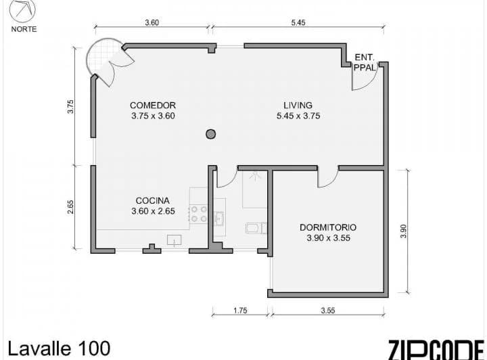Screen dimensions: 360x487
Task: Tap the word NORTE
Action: click(x=24, y=29)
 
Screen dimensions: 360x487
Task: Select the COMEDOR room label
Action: click(x=153, y=106)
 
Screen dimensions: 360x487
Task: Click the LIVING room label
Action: click(x=298, y=106)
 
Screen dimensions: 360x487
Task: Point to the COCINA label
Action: click(x=152, y=201)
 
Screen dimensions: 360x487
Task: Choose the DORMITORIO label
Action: click(x=328, y=228)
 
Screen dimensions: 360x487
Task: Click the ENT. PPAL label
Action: click(x=364, y=63)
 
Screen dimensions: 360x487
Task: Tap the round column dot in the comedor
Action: click(x=211, y=134)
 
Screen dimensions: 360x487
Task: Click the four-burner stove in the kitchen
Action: click(x=199, y=214)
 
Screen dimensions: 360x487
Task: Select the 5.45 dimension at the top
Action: click(x=298, y=22)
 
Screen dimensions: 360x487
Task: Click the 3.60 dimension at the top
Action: click(x=152, y=22)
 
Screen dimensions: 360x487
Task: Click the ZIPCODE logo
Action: click(x=436, y=348)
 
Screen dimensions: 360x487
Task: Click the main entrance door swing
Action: click(x=363, y=80)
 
